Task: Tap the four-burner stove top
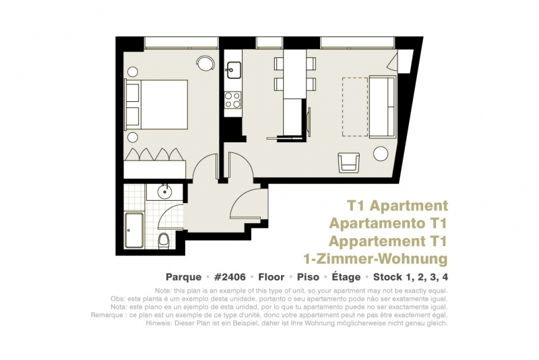click(232, 100)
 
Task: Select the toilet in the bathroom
click(164, 241)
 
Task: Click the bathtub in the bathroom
click(134, 231)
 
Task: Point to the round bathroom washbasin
click(164, 191)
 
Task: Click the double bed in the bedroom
click(156, 104)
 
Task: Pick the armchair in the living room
click(349, 162)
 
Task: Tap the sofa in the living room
click(382, 107)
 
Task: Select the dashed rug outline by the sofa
click(355, 107)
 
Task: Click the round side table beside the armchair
click(381, 154)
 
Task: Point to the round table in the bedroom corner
click(205, 63)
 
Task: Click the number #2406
click(230, 277)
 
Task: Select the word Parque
click(183, 277)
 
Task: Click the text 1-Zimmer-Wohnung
click(376, 259)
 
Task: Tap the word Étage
click(346, 277)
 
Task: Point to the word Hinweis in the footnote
click(159, 323)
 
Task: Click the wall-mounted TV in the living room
click(309, 119)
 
